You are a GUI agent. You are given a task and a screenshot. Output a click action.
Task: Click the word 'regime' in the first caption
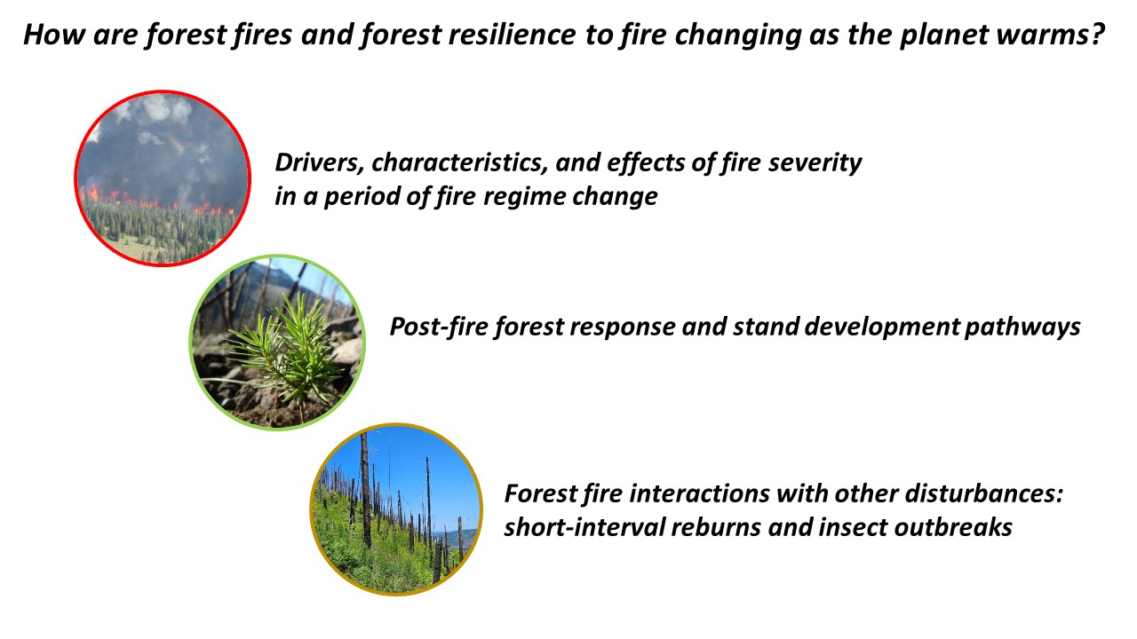(524, 197)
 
